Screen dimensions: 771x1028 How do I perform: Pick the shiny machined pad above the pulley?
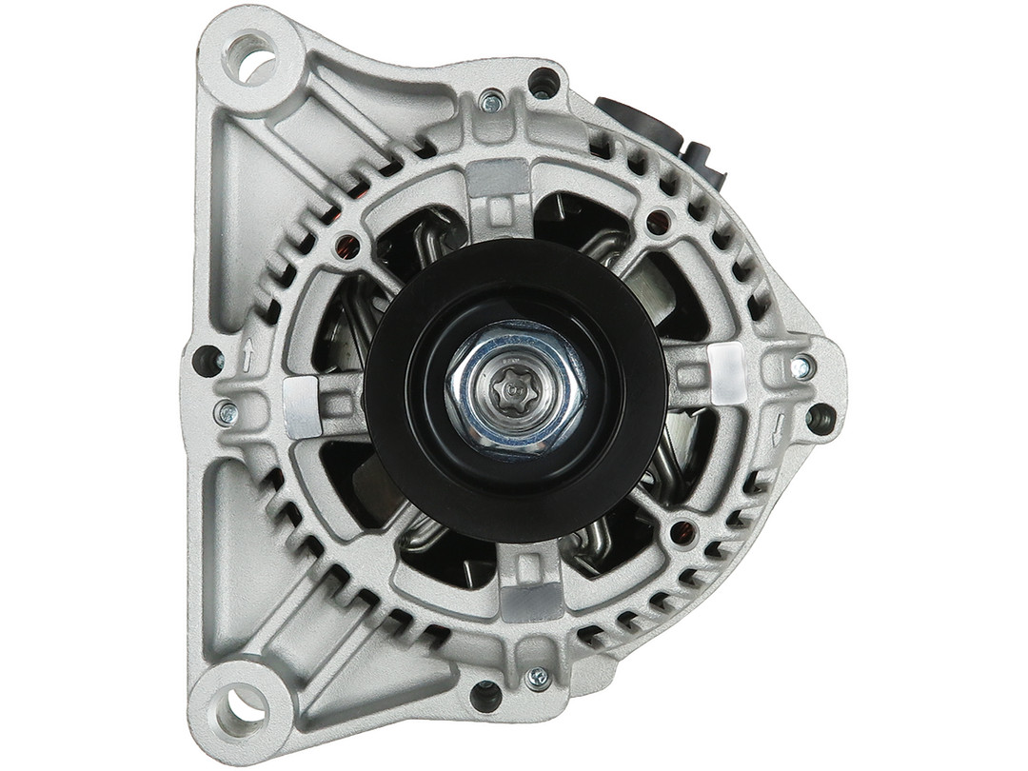click(499, 178)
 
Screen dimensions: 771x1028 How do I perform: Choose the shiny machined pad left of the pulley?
click(303, 407)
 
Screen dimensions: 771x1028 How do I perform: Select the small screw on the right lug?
click(801, 366)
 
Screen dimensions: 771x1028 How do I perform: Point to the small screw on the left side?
click(227, 412)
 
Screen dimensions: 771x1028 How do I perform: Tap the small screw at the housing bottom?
click(538, 678)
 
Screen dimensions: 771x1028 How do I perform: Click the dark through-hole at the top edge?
click(544, 83)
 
